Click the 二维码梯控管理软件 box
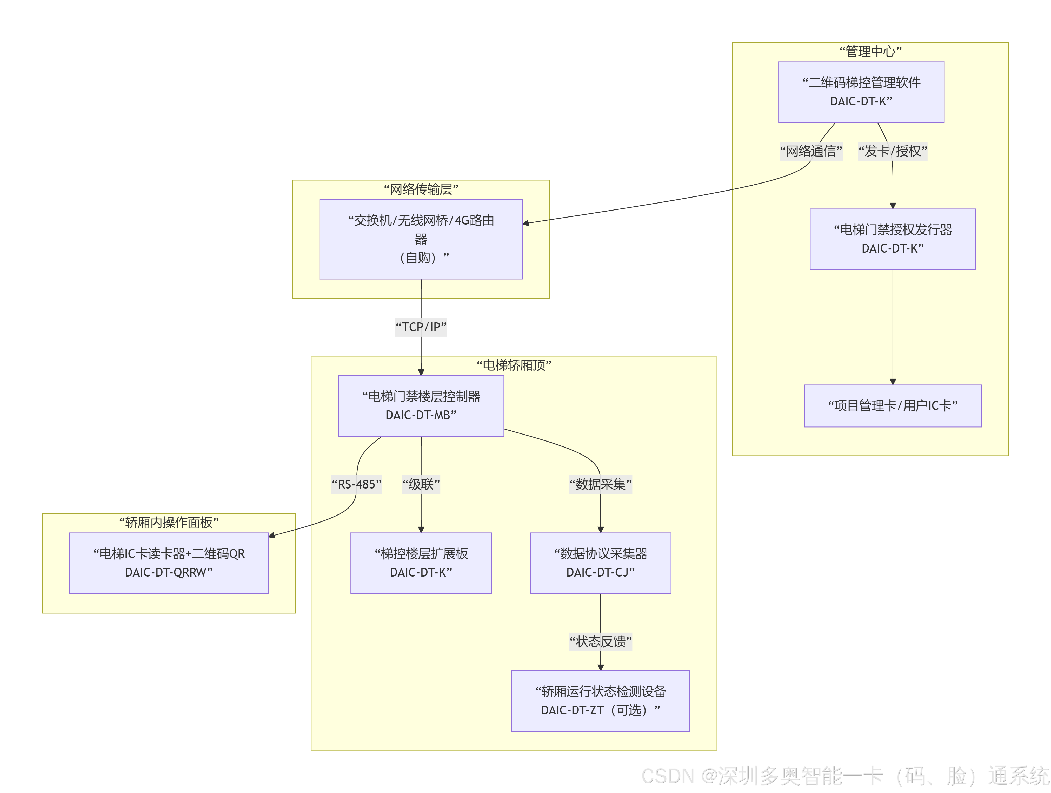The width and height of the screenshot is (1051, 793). click(x=861, y=92)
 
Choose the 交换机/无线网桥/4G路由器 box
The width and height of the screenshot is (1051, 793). click(x=421, y=239)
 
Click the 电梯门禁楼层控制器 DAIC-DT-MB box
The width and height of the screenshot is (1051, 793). click(x=421, y=406)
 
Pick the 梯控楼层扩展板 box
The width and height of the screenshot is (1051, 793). click(x=421, y=563)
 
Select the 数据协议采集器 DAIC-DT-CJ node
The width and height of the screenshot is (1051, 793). click(x=601, y=563)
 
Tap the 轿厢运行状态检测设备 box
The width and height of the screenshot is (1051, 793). click(x=601, y=701)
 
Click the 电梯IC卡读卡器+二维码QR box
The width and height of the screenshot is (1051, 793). click(x=169, y=563)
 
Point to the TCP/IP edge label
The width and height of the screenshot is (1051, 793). click(x=421, y=327)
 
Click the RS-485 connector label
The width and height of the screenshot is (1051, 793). click(x=356, y=484)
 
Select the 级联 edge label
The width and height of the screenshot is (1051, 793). click(x=421, y=484)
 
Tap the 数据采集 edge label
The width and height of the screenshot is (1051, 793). click(x=601, y=484)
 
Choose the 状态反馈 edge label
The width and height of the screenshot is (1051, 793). click(x=601, y=642)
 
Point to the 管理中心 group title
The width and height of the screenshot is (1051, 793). click(x=870, y=51)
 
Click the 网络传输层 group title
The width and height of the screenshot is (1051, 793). click(x=421, y=189)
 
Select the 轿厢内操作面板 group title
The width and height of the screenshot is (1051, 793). click(x=169, y=523)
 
